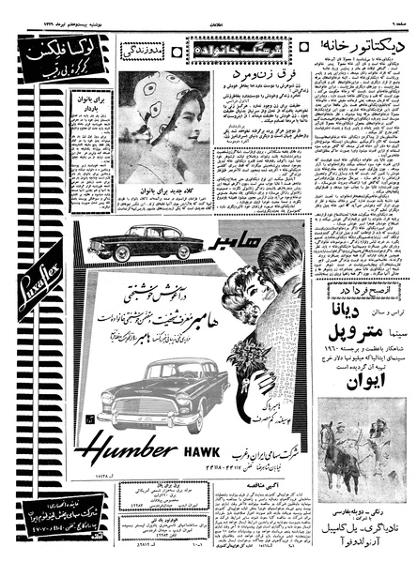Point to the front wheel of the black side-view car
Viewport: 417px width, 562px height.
tap(120, 254)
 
